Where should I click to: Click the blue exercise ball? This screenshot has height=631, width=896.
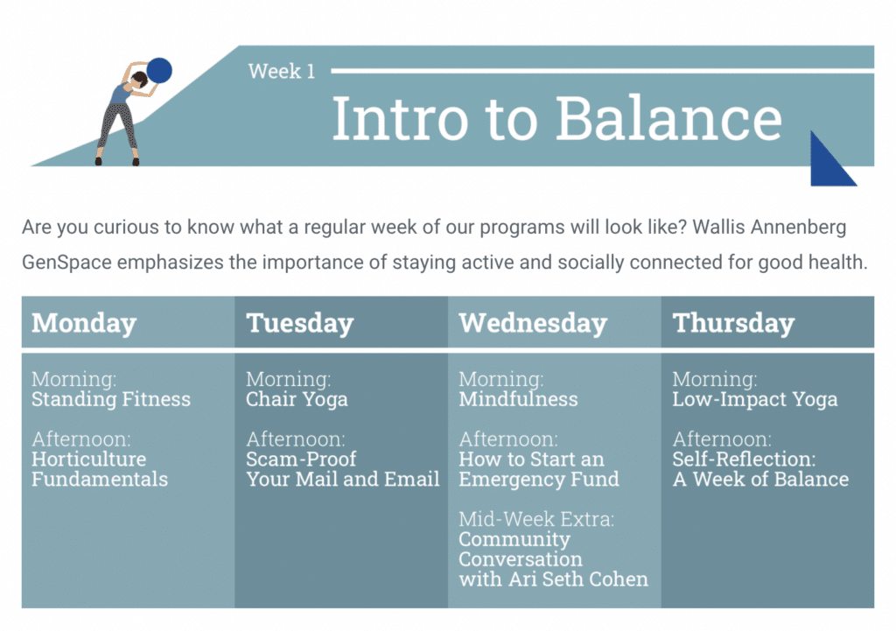pos(159,70)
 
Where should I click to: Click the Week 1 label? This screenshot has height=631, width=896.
pos(282,71)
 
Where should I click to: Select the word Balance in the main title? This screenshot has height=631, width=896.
pos(668,118)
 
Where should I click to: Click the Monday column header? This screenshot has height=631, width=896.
pos(84,323)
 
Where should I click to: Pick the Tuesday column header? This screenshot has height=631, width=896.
pos(300,323)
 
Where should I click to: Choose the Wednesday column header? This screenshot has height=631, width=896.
pos(533,323)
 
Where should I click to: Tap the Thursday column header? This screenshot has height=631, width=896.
pos(734,323)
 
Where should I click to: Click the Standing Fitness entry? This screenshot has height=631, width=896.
pos(111,399)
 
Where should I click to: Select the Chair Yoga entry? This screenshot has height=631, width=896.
pos(297,399)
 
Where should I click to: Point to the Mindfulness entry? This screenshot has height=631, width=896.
pos(518,399)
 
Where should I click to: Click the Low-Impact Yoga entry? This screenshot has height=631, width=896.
pos(755,399)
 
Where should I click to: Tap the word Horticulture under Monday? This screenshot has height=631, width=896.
pos(89,459)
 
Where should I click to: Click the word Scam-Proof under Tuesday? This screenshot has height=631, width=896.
pos(301,459)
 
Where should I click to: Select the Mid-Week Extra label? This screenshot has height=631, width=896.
pos(536,519)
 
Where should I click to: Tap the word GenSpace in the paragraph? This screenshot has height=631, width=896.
pos(66,263)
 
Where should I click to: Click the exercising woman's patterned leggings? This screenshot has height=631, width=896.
pos(118,129)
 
